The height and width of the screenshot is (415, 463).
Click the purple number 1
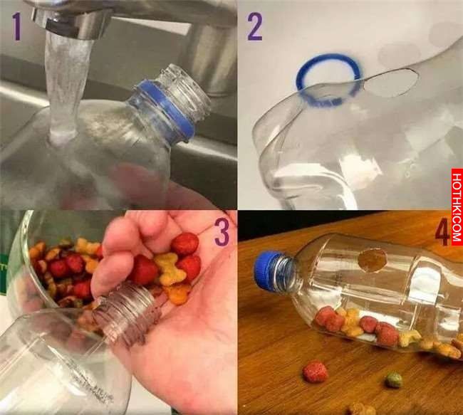(x=17, y=28)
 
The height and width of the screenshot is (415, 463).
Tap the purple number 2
(x=254, y=27)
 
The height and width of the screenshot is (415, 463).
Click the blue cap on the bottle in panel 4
(x=266, y=269)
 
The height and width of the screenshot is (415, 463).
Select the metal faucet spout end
(x=69, y=23)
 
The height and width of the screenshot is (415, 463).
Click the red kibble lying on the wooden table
(x=316, y=372)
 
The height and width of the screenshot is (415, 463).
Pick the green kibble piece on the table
(x=394, y=380)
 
